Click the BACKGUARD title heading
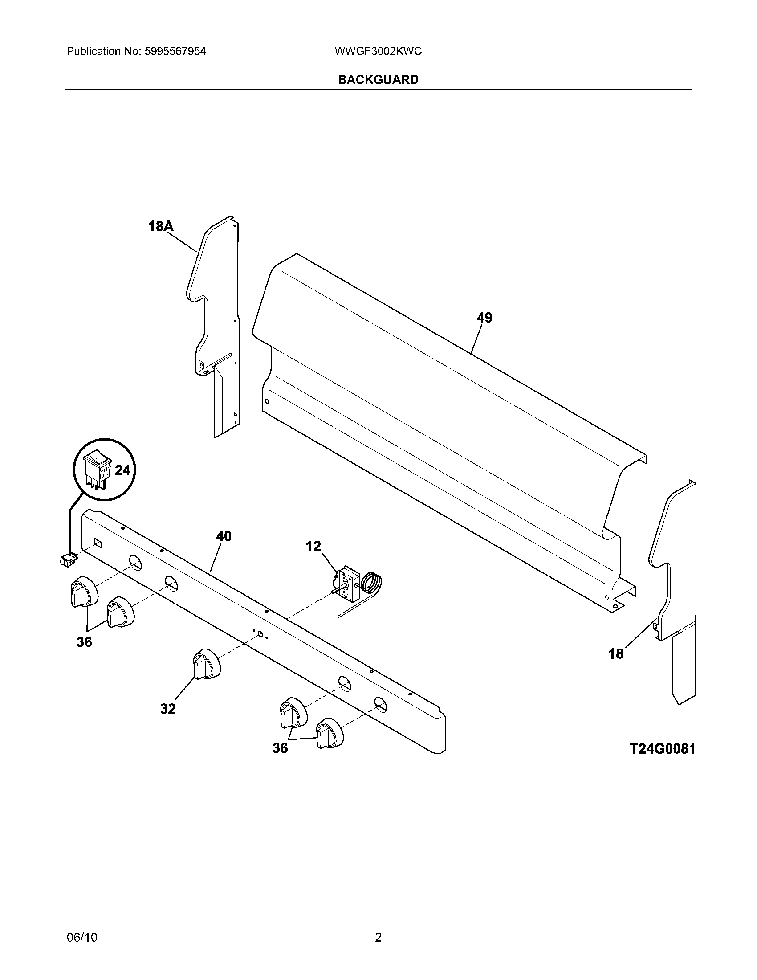click(378, 79)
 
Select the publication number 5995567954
click(175, 52)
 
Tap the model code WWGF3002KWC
click(378, 52)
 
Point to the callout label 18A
click(161, 227)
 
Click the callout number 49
click(484, 318)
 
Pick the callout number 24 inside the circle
click(122, 470)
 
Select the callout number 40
click(224, 536)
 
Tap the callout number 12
click(313, 546)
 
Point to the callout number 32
click(168, 709)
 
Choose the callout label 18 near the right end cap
click(616, 654)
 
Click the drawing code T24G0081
click(663, 749)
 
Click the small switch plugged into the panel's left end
click(68, 559)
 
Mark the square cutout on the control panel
click(98, 543)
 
